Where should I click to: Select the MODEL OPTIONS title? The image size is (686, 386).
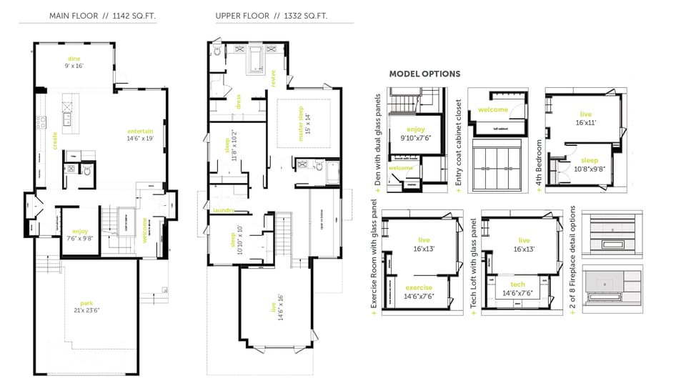click(x=424, y=74)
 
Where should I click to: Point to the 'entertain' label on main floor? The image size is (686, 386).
click(x=140, y=132)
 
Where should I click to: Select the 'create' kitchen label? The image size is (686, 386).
click(x=55, y=139)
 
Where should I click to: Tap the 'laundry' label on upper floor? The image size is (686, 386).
click(x=224, y=210)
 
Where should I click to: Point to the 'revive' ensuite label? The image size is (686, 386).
click(x=274, y=78)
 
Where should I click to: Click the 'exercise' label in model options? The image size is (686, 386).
click(x=419, y=288)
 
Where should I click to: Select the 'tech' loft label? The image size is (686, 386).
click(x=518, y=284)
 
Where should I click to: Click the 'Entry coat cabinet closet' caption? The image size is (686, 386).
click(x=459, y=146)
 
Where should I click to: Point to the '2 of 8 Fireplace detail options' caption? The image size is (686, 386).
click(x=574, y=262)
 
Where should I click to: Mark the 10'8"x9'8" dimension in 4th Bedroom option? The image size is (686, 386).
click(x=590, y=170)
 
